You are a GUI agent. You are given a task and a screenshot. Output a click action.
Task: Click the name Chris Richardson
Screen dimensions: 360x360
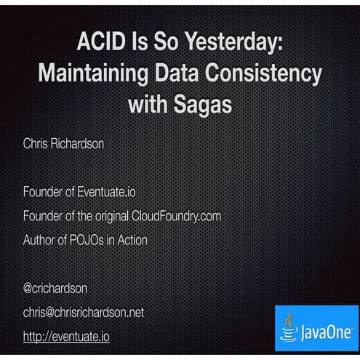(63, 144)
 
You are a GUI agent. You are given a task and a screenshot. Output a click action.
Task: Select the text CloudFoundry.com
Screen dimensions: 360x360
(176, 216)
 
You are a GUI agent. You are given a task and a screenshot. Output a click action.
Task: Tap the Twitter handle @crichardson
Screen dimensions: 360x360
(56, 288)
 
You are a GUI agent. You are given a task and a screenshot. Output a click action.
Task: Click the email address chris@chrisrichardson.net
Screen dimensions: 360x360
(84, 312)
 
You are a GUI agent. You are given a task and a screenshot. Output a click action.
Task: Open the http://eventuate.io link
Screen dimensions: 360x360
(66, 336)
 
